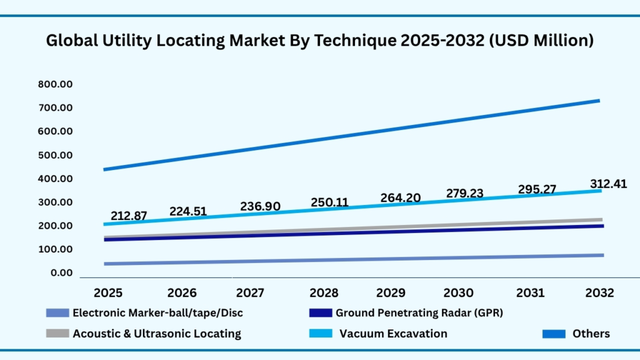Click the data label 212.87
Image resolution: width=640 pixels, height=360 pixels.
tap(129, 216)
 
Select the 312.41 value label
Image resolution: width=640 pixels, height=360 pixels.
tap(609, 184)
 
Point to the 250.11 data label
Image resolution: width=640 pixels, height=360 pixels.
tap(329, 203)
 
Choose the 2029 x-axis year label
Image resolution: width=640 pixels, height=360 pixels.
tap(392, 292)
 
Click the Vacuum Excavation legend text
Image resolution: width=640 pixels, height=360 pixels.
tap(393, 333)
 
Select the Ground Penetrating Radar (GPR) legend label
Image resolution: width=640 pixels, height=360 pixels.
tap(419, 312)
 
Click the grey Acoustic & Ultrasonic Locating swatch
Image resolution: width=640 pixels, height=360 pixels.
tap(57, 334)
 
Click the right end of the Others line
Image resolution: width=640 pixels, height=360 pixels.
tap(598, 101)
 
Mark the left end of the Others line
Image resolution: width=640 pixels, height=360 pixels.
tap(104, 169)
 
